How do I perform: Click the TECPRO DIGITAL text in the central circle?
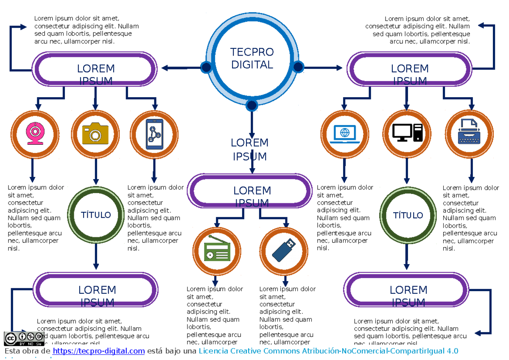(x=252, y=59)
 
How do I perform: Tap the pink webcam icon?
(x=34, y=134)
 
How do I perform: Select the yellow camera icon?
(x=95, y=134)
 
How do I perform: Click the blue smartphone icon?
(x=154, y=134)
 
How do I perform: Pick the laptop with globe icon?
(x=345, y=134)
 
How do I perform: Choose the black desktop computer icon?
(x=407, y=133)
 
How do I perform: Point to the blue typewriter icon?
(x=469, y=133)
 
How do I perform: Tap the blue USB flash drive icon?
(x=283, y=250)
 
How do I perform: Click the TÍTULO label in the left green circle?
(x=96, y=215)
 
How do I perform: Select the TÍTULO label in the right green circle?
(x=408, y=215)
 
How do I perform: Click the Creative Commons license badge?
(x=24, y=339)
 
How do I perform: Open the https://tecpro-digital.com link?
(x=99, y=351)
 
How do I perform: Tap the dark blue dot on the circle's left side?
(x=207, y=67)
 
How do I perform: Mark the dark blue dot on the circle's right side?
(x=298, y=67)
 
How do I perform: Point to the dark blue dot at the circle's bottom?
(x=252, y=105)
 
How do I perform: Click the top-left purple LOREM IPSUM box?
(x=95, y=69)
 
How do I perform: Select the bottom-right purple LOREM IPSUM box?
(x=408, y=290)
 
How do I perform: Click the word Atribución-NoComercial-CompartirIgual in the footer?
(x=373, y=351)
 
